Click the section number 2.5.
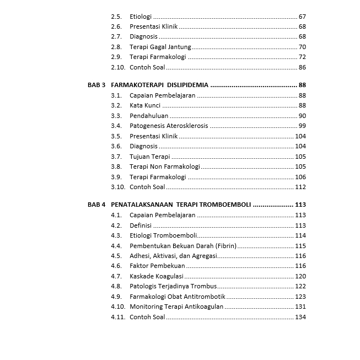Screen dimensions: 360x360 [x=116, y=17]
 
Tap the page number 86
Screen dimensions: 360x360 [x=302, y=67]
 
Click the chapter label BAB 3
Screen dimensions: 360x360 [x=96, y=85]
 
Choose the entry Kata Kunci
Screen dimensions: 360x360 [x=145, y=105]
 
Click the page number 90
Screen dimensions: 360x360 [x=302, y=116]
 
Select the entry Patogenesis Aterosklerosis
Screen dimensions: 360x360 [x=169, y=126]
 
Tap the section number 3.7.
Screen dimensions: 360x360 [x=116, y=157]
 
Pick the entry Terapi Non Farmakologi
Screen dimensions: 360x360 [x=165, y=166]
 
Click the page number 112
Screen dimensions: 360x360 [x=300, y=187]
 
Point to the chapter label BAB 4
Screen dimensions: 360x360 [x=96, y=205]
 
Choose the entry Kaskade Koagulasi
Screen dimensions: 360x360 [x=157, y=276]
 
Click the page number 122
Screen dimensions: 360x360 [x=300, y=286]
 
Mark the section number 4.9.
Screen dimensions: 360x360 [x=116, y=297]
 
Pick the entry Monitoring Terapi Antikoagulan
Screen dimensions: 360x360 [x=176, y=307]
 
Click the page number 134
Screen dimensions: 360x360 [x=300, y=317]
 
